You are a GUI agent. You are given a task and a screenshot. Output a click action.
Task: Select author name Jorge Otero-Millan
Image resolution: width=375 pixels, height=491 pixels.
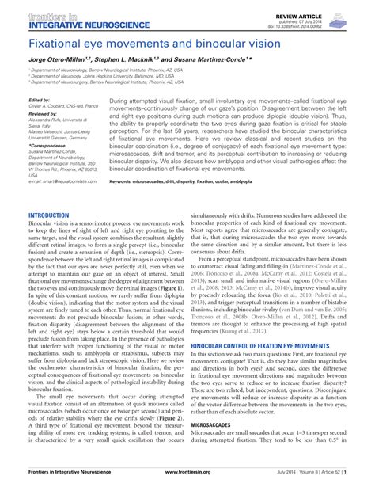[x=62, y=60]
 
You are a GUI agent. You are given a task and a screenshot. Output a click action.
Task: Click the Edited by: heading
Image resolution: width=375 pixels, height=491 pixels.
[x=39, y=101]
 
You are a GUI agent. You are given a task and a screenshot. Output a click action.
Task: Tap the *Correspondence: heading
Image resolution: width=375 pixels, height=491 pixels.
[x=48, y=147]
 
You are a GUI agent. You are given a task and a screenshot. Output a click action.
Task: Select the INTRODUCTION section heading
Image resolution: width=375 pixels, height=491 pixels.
[x=51, y=215]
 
